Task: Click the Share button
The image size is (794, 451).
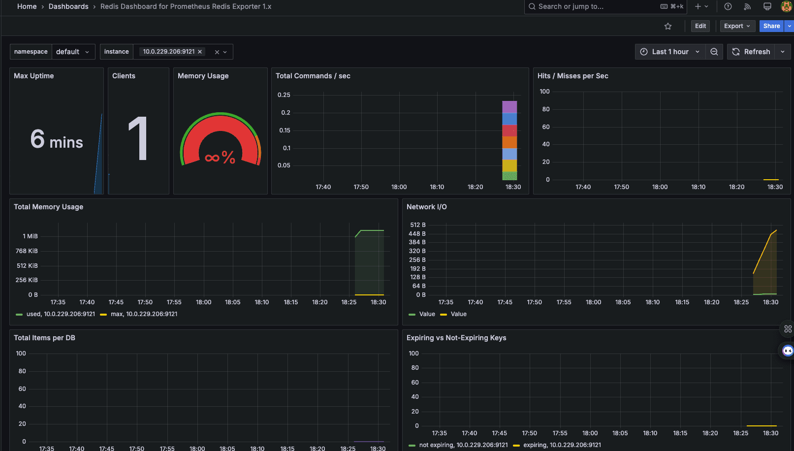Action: coord(771,26)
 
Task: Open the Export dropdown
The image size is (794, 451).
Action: coord(737,26)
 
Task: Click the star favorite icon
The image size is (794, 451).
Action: coord(668,26)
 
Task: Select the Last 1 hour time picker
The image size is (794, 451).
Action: coord(670,52)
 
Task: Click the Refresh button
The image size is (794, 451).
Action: coord(751,52)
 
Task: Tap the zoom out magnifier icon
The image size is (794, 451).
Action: coord(714,52)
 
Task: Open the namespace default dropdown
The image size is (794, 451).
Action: coord(73,52)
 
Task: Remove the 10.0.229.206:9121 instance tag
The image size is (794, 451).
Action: coord(200,52)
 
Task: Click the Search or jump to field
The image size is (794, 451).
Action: coord(591,6)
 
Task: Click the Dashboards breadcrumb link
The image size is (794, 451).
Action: coord(68,6)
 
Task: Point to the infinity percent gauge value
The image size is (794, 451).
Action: coord(220,158)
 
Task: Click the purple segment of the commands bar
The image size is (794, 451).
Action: coord(509,107)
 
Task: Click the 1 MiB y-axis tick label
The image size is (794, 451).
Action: coord(30,236)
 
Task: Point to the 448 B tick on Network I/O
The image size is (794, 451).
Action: coord(417,234)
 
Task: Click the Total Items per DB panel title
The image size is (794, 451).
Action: coord(44,338)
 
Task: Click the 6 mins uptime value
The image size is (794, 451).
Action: coord(57,140)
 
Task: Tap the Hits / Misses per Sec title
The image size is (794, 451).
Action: coord(572,76)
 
